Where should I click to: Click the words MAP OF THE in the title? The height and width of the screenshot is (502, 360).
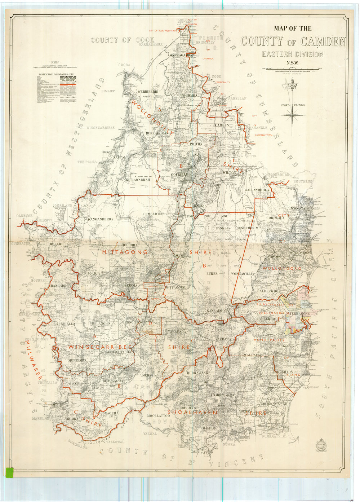pyautogui.click(x=293, y=28)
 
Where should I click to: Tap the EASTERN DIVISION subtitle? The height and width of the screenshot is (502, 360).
pyautogui.click(x=292, y=54)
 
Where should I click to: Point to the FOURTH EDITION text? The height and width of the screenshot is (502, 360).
pyautogui.click(x=293, y=105)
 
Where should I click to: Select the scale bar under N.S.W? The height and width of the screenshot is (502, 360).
pyautogui.click(x=292, y=69)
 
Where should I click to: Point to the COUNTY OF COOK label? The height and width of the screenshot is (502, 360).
pyautogui.click(x=123, y=40)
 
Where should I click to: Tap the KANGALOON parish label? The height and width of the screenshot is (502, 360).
pyautogui.click(x=217, y=311)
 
